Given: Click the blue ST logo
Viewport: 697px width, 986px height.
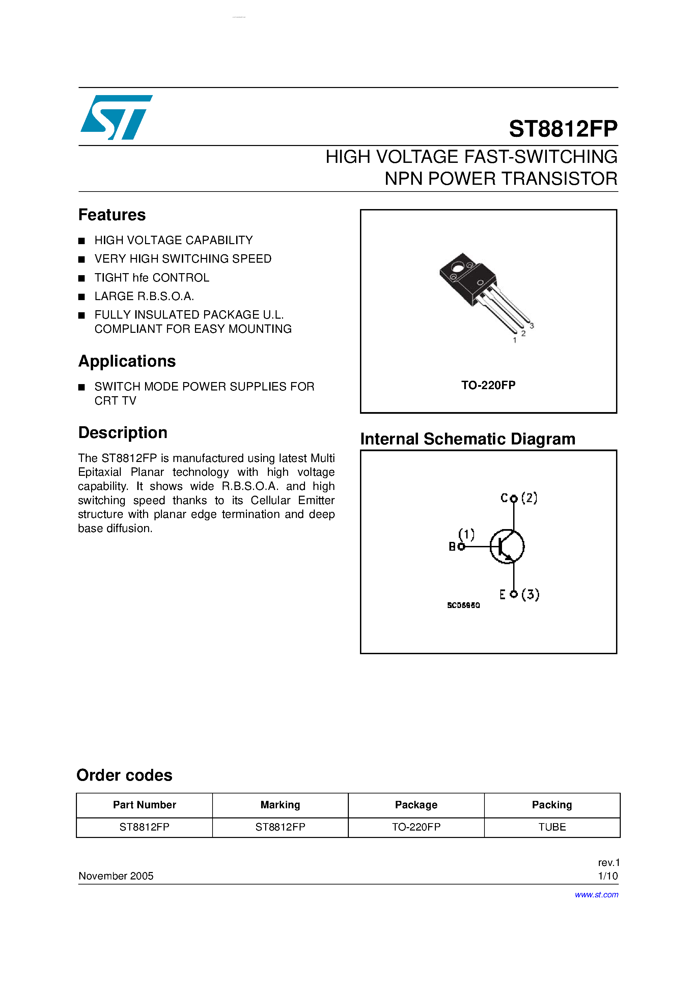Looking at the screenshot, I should (x=116, y=117).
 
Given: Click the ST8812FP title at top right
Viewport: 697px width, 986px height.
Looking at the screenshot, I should (x=563, y=128).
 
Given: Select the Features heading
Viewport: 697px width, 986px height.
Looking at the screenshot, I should (x=112, y=215).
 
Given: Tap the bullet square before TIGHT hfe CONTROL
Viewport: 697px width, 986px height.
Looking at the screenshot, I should (x=82, y=278).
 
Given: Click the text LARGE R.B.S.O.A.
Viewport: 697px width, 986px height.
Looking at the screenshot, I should (x=144, y=296).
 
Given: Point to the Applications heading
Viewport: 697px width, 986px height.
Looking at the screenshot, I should (x=127, y=361).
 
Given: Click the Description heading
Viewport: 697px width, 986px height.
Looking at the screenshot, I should (x=122, y=432).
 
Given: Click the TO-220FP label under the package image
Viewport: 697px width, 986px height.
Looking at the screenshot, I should (x=488, y=385).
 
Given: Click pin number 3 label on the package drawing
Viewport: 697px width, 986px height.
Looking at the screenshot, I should (x=532, y=326).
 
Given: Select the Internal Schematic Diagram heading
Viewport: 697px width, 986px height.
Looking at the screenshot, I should (x=468, y=439).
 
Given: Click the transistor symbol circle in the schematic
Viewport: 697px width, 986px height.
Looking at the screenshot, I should (x=507, y=547).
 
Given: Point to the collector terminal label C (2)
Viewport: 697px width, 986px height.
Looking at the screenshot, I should (x=518, y=498).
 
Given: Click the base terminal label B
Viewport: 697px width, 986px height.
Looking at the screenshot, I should (x=452, y=547).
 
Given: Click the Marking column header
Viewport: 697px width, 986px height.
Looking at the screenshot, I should (x=280, y=805).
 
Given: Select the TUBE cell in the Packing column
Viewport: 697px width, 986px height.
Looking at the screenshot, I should (x=552, y=827).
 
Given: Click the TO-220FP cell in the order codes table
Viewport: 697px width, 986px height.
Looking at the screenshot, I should (x=416, y=827).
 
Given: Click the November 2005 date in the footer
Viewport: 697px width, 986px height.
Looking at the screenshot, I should (x=116, y=876).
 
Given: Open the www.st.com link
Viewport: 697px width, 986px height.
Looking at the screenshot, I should (x=596, y=895).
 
